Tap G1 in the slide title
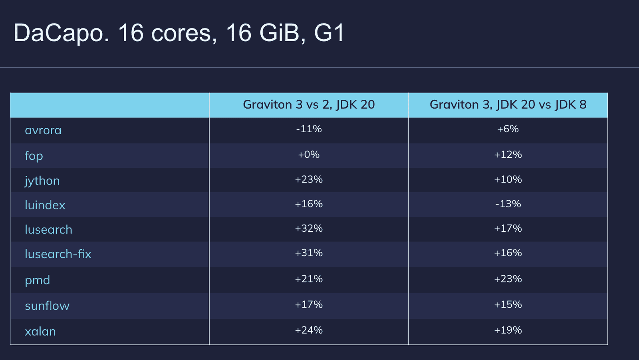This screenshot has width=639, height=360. (x=329, y=33)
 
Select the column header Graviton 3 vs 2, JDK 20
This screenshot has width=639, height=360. (x=309, y=105)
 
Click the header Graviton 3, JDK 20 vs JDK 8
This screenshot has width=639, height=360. (x=508, y=105)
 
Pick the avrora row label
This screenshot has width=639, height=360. (x=43, y=130)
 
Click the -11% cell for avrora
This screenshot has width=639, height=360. (x=309, y=129)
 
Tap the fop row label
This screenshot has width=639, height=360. (x=34, y=156)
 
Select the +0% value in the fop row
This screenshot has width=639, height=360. (x=309, y=155)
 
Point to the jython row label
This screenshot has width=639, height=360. (x=42, y=181)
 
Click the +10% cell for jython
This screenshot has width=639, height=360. (x=508, y=179)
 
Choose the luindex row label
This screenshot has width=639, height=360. (x=45, y=205)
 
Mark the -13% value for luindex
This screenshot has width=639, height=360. (x=508, y=204)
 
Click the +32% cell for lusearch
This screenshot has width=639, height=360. (x=309, y=229)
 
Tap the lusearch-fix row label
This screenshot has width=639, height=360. (x=58, y=254)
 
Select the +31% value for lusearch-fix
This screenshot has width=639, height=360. (x=309, y=253)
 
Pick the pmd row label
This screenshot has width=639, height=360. (x=38, y=280)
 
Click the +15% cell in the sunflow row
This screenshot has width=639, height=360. (x=508, y=304)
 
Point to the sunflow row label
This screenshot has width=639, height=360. (x=47, y=306)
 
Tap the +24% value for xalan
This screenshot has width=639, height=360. (x=309, y=330)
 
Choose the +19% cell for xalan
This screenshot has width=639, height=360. (x=508, y=330)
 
